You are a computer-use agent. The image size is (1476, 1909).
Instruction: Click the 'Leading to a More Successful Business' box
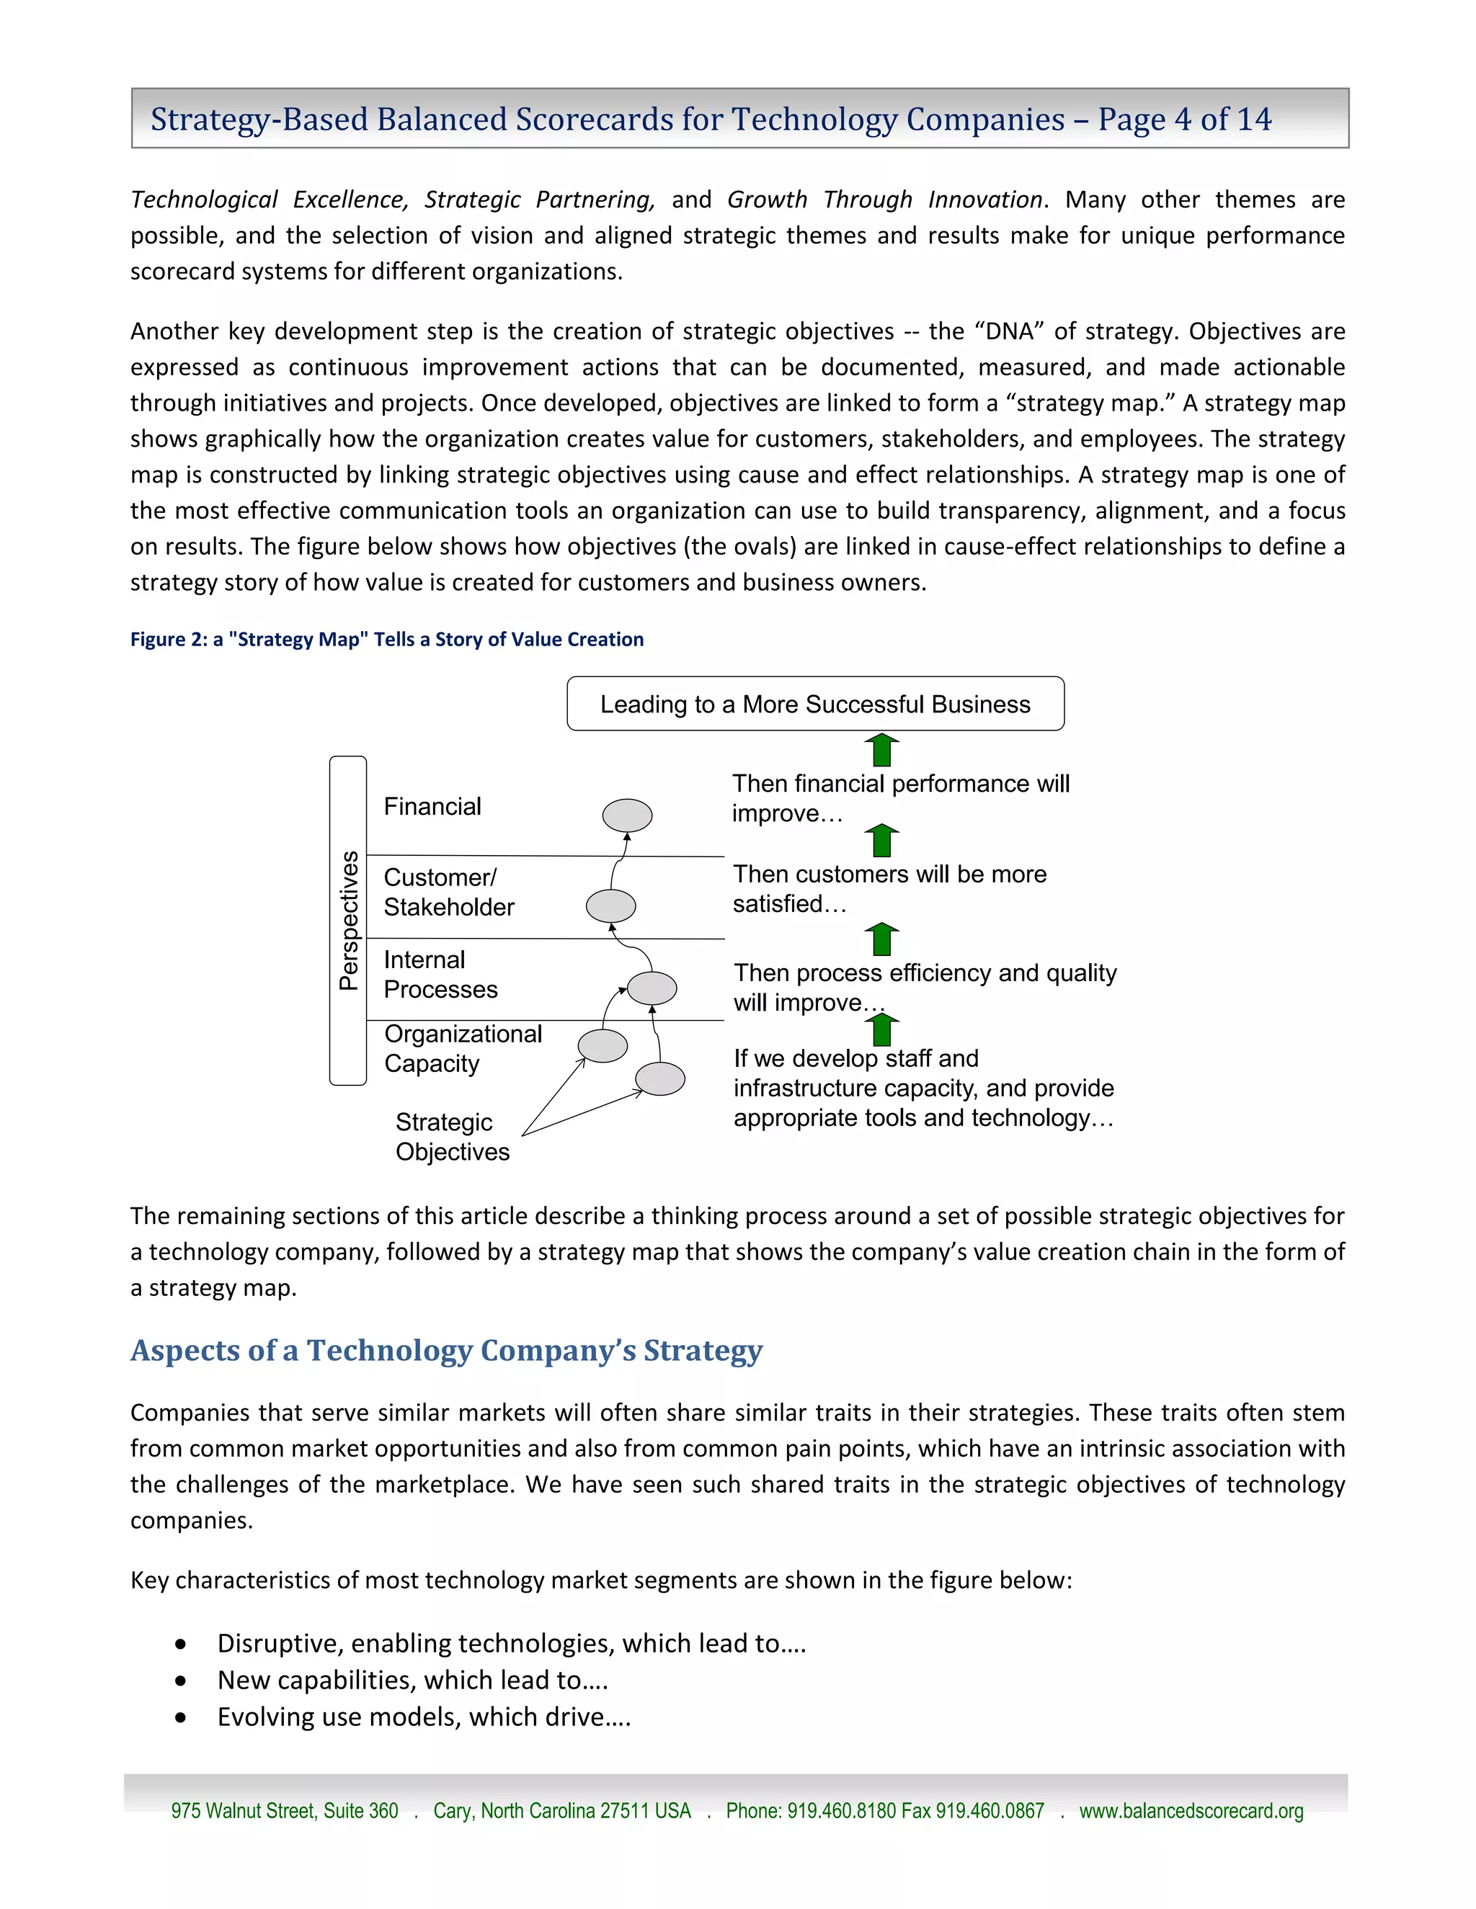tap(815, 704)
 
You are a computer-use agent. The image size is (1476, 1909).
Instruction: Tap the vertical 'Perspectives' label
tap(349, 919)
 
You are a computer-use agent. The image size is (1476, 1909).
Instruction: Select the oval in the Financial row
tap(627, 815)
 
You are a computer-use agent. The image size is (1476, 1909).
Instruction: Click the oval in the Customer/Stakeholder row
tap(610, 906)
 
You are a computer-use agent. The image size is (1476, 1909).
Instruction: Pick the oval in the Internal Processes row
tap(652, 988)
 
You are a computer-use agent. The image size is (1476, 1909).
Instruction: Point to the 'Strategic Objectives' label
tap(451, 1136)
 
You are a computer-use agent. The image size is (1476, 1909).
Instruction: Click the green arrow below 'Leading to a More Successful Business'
tap(881, 750)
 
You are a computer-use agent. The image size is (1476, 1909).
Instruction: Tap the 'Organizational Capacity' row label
tap(462, 1048)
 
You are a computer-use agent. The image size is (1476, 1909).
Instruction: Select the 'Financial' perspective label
tap(432, 806)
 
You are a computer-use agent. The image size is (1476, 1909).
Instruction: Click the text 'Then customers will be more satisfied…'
tap(889, 888)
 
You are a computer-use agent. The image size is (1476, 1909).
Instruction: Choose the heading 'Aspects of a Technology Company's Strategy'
tap(446, 1351)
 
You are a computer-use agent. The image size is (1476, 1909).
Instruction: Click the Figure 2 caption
tap(386, 639)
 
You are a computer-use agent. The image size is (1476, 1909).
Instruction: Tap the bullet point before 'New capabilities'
tap(180, 1680)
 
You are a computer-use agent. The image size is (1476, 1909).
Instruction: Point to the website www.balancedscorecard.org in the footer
tap(1190, 1810)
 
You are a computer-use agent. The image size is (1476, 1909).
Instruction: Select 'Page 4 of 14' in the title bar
tap(1184, 119)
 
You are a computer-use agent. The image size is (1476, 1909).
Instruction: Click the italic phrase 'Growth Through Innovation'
tap(884, 200)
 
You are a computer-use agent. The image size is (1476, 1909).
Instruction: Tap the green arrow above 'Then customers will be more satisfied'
tap(881, 841)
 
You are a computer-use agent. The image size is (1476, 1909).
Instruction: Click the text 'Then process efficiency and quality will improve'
tap(924, 987)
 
